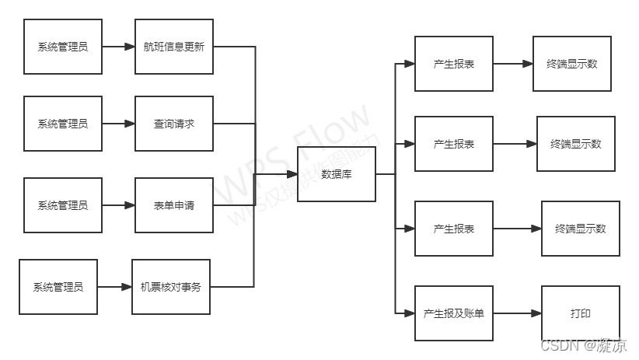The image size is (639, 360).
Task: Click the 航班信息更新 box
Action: tap(174, 47)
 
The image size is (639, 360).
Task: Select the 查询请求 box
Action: tap(174, 124)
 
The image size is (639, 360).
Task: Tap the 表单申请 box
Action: tap(174, 205)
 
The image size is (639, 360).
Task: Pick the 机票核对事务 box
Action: tap(171, 287)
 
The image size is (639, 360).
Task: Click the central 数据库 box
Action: tap(337, 174)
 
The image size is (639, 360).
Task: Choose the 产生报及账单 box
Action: tap(454, 313)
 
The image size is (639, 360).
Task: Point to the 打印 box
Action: tap(580, 313)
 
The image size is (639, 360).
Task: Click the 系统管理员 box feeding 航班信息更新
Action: tap(63, 47)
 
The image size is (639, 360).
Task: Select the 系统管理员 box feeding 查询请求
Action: tap(63, 124)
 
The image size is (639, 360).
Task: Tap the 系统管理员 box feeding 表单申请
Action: tap(63, 205)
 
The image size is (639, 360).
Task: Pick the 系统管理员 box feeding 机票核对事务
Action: tap(58, 287)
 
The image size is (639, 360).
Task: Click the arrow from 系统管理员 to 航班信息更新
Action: tap(118, 47)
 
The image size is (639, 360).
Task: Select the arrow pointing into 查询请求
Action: tap(118, 124)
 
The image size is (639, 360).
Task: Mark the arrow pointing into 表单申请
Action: tap(118, 205)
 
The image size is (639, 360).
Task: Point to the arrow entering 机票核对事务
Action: tap(115, 287)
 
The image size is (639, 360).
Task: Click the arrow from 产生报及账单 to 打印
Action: tap(517, 313)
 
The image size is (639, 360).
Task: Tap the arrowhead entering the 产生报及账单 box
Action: tap(410, 313)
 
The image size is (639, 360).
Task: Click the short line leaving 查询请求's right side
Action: tap(233, 124)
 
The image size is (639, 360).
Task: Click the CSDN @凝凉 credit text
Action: tap(583, 346)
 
